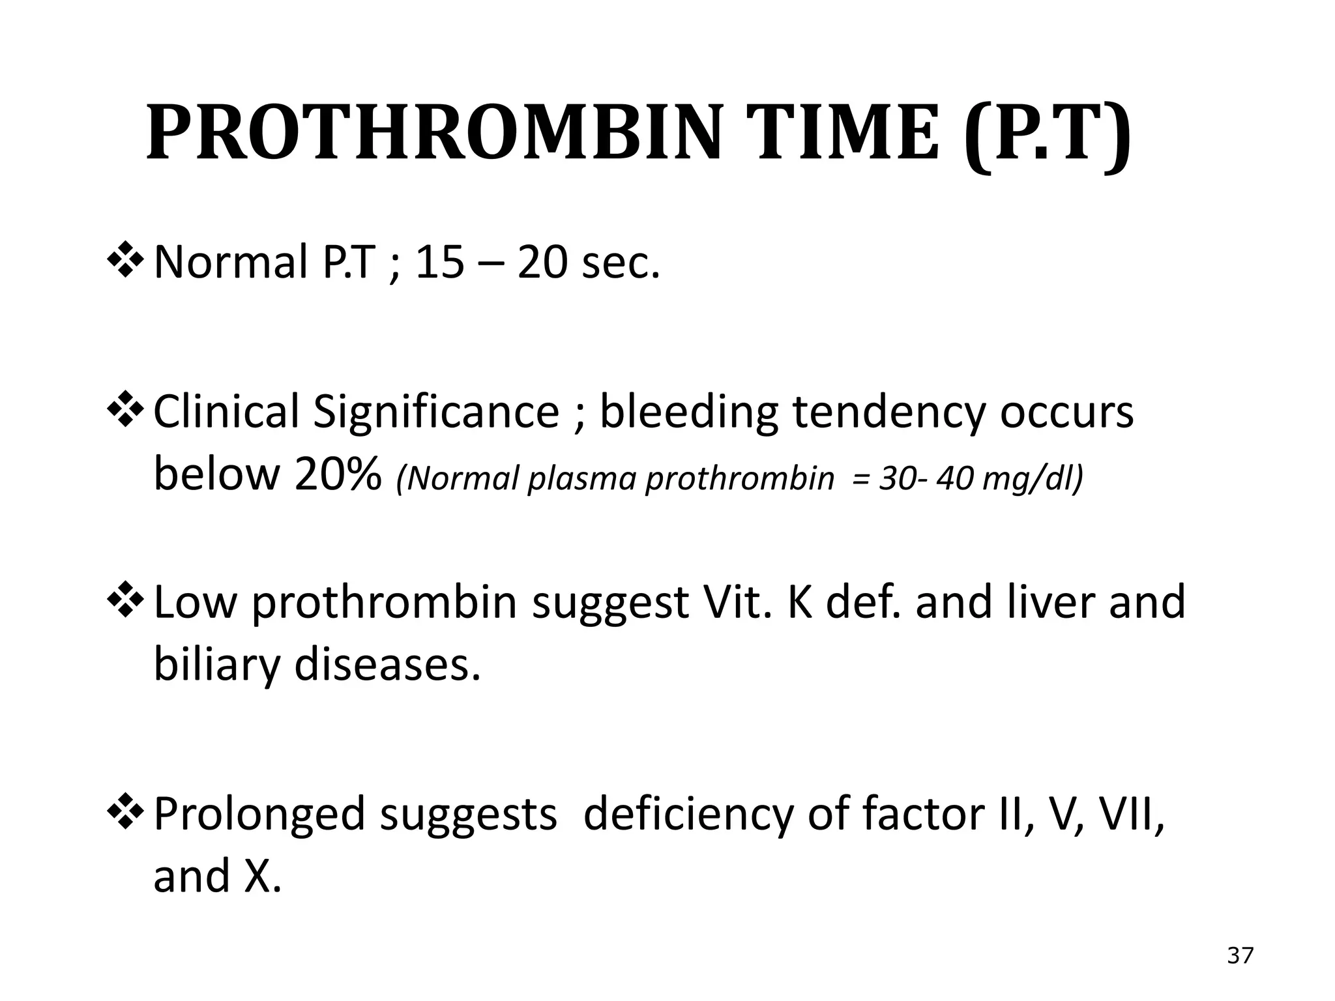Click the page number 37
pyautogui.click(x=1240, y=956)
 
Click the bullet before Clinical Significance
pyautogui.click(x=125, y=411)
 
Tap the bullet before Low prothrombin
pyautogui.click(x=125, y=602)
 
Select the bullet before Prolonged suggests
pyautogui.click(x=125, y=813)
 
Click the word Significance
pyautogui.click(x=435, y=412)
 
